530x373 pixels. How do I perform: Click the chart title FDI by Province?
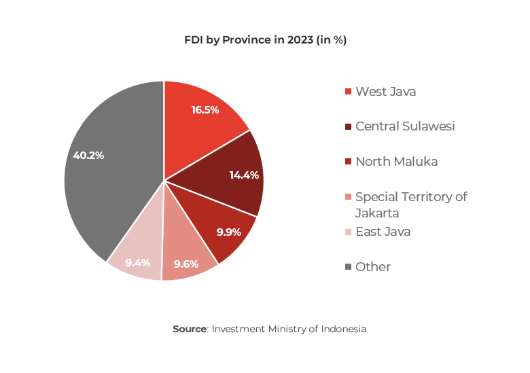coord(265,40)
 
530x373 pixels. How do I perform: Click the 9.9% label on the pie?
coord(229,232)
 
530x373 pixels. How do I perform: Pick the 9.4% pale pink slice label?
coord(137,262)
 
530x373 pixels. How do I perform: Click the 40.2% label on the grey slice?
coord(88,155)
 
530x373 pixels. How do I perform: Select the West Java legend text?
coord(385,91)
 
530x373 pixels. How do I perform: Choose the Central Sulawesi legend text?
coord(405,126)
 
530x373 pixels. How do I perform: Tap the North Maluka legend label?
coord(396,162)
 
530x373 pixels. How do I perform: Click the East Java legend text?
coord(383,232)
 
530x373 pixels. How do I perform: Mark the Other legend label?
coord(373,267)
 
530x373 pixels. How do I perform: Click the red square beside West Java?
coord(349,92)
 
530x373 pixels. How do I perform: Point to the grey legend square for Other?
coord(349,267)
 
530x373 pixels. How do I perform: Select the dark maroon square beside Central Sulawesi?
coord(349,127)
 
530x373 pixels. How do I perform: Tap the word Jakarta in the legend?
coord(378,213)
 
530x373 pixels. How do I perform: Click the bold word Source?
coord(190,329)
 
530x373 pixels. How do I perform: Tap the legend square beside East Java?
coord(349,232)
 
